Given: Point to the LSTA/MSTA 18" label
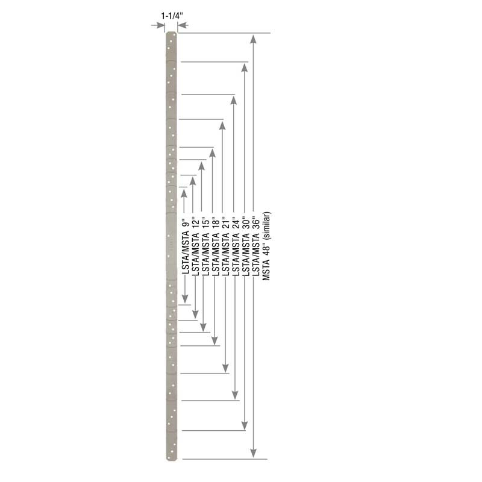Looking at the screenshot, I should (x=214, y=248).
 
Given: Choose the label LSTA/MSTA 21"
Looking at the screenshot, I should (x=225, y=248).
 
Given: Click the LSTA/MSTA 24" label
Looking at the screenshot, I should (x=234, y=248).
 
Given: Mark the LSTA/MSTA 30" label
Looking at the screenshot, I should (x=245, y=248).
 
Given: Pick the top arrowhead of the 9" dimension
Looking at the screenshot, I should (x=184, y=193).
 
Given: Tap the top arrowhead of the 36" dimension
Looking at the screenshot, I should (x=244, y=68).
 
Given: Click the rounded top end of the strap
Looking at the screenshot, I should (x=171, y=36).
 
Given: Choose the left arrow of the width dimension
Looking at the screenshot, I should (x=160, y=25).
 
